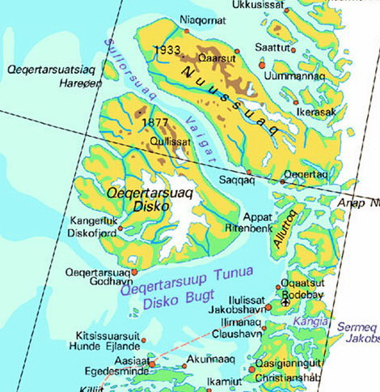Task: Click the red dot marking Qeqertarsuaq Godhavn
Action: (x=134, y=272)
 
